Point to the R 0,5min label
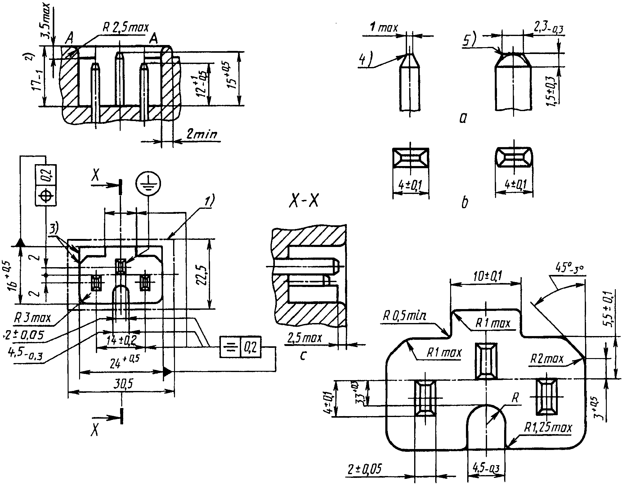point(403,317)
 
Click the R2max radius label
point(546,359)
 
